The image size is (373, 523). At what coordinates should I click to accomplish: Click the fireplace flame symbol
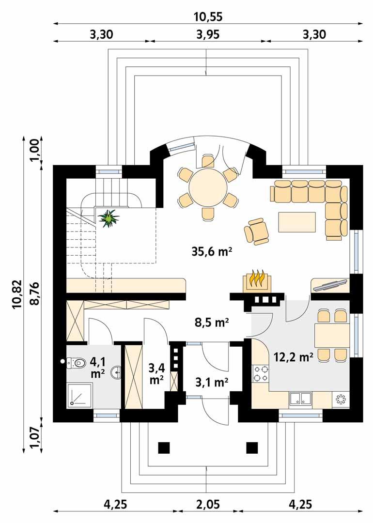256,280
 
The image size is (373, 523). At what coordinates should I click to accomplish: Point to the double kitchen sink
301,399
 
